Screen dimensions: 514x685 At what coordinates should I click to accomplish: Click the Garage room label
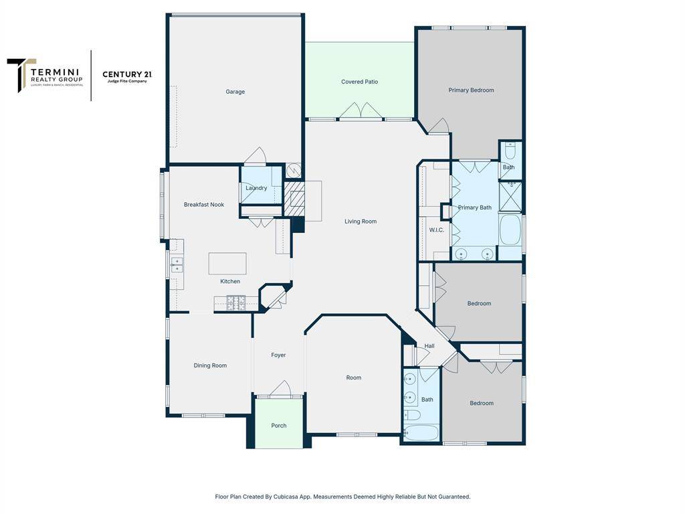coord(235,92)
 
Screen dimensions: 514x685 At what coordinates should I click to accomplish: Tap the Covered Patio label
coord(359,82)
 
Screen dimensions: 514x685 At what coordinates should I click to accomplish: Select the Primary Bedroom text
coord(471,90)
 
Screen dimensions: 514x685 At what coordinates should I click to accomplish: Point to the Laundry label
coord(256,188)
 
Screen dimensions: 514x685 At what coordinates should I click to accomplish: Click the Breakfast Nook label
coord(204,205)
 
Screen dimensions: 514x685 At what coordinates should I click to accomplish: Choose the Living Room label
coord(361,222)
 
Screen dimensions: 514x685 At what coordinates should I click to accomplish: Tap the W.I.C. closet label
coord(436,230)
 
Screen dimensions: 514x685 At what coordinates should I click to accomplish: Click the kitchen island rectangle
coord(227,264)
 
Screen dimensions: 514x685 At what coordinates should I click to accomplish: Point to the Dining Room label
coord(210,365)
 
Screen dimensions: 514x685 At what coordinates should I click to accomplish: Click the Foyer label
coord(278,355)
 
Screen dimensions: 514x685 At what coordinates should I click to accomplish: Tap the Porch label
coord(279,426)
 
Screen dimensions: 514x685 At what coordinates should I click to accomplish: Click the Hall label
coord(429,346)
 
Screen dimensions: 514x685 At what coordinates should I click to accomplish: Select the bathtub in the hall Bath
coord(421,432)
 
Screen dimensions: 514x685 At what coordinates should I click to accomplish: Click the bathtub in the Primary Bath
coord(510,230)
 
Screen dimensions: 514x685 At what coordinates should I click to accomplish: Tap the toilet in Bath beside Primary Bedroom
coord(510,151)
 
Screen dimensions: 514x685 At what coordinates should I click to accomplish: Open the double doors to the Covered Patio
coord(361,111)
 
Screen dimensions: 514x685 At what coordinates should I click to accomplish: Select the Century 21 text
coord(127,74)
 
